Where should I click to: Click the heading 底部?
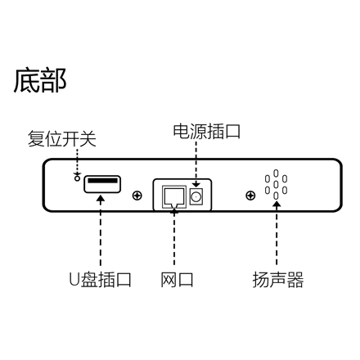pos(40,81)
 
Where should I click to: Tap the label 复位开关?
pos(62,139)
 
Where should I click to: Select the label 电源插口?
pos(207,131)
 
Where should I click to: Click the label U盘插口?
pos(100,280)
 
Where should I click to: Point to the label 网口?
pos(177,280)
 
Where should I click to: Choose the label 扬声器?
pos(278,280)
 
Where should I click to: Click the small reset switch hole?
pos(77,178)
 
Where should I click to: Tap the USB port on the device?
pos(102,184)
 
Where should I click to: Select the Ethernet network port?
pos(174,197)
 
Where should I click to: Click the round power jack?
pos(196,196)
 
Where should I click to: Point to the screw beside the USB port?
pos(137,196)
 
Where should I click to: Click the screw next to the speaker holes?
pos(250,196)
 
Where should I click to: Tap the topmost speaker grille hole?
pos(276,173)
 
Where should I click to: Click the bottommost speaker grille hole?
pos(276,196)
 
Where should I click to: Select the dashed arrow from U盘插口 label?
pos(101,231)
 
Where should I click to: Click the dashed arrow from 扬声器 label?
pos(277,233)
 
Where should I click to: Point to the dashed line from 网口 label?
pos(174,236)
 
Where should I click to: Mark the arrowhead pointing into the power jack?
pos(196,185)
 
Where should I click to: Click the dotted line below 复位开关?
pos(78,162)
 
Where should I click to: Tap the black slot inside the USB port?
pos(102,181)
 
